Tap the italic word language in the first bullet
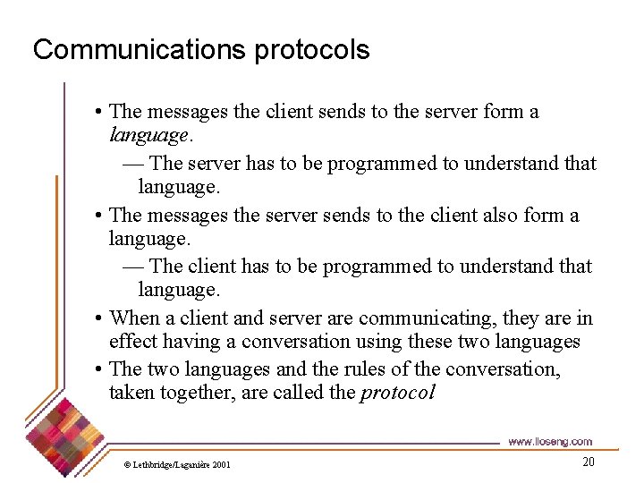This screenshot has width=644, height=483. [148, 136]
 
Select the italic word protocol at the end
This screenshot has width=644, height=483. [397, 393]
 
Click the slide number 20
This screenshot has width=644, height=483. [588, 462]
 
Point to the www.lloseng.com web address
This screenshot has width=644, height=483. [549, 442]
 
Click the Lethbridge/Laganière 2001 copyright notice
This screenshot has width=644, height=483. [177, 464]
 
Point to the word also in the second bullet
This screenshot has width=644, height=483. [505, 216]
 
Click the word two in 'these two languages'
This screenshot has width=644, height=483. [478, 342]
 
